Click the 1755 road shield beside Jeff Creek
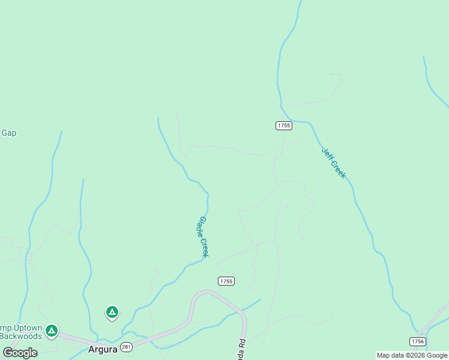(284, 125)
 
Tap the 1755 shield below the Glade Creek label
(226, 281)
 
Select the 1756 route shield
(418, 341)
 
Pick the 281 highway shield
(126, 347)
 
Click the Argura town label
(101, 349)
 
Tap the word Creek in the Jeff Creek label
(339, 170)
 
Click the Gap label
(8, 133)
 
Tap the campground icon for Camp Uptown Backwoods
(52, 330)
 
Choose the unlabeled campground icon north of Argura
(112, 312)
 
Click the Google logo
(20, 352)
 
